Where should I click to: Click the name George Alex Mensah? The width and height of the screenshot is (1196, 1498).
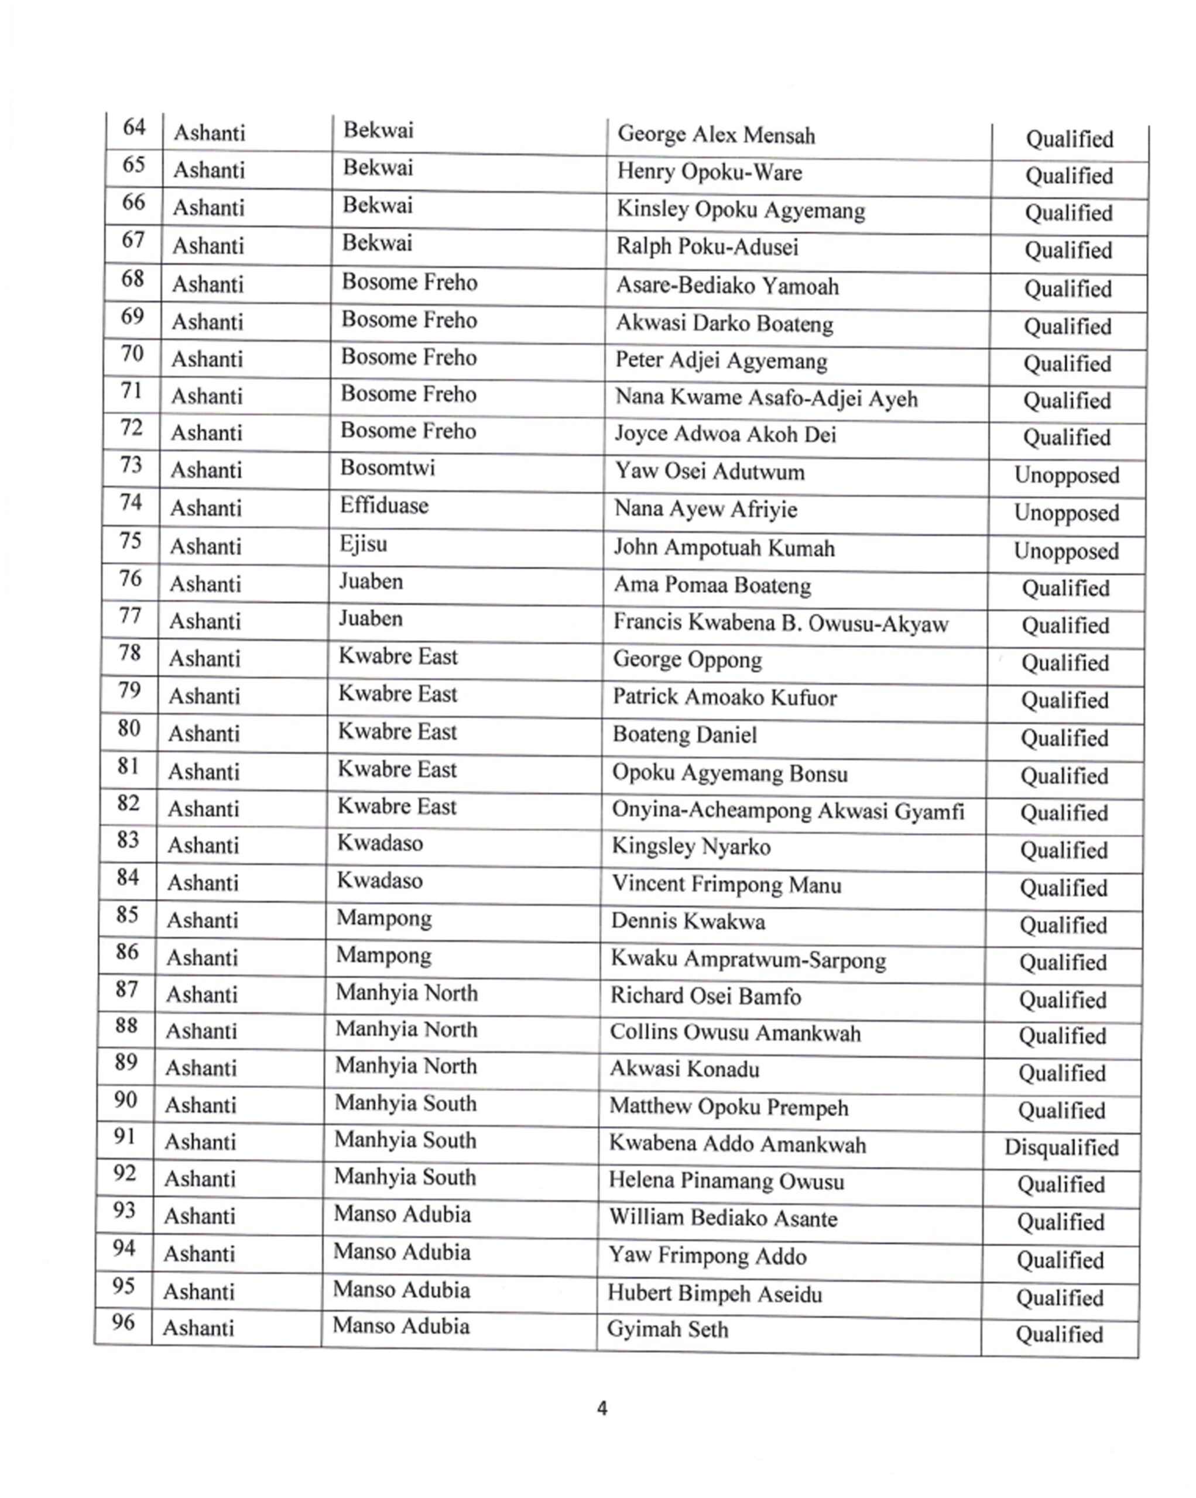(716, 135)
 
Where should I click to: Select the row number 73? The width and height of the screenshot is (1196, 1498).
(131, 465)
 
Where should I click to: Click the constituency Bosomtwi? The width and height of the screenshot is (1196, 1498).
(387, 468)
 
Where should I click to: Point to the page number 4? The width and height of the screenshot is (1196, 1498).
(602, 1408)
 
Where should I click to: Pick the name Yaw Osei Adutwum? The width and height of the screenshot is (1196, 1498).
(709, 472)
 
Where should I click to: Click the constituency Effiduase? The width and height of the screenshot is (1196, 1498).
(383, 506)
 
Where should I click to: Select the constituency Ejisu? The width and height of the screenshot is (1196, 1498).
(363, 544)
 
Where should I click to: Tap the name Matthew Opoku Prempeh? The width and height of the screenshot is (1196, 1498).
(728, 1107)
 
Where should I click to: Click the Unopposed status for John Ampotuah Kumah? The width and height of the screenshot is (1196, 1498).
(1066, 551)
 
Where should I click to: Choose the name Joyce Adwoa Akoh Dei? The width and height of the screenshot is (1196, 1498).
(725, 434)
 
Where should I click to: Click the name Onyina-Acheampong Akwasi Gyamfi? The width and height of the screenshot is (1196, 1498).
(787, 811)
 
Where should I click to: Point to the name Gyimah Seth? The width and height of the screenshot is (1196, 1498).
(667, 1329)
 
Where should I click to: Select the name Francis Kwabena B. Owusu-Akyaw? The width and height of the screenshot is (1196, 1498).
(780, 623)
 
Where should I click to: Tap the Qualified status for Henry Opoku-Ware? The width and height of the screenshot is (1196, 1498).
(1069, 176)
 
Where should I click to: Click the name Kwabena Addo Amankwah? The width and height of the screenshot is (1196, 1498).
(736, 1145)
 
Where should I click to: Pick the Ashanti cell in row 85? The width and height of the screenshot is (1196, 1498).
(201, 920)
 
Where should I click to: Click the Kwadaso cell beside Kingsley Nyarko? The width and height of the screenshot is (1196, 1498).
(379, 843)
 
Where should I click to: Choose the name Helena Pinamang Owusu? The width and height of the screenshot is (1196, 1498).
(726, 1181)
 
